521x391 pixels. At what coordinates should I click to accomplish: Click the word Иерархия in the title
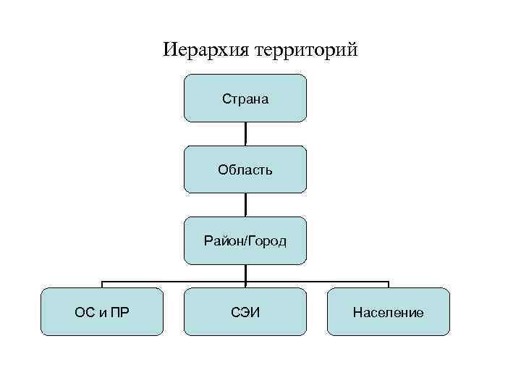click(206, 51)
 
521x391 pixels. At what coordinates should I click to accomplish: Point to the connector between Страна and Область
click(245, 133)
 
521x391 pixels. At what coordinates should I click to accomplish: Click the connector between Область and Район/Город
click(245, 204)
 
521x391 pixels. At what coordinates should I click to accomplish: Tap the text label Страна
click(245, 99)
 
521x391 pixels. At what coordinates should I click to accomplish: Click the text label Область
click(245, 170)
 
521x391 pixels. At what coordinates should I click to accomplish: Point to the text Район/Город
click(245, 241)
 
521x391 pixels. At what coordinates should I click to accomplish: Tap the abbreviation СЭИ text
click(245, 313)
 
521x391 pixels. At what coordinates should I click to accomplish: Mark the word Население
click(389, 313)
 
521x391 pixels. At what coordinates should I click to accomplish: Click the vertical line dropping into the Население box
click(389, 284)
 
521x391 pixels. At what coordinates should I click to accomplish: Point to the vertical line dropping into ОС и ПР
click(101, 284)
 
